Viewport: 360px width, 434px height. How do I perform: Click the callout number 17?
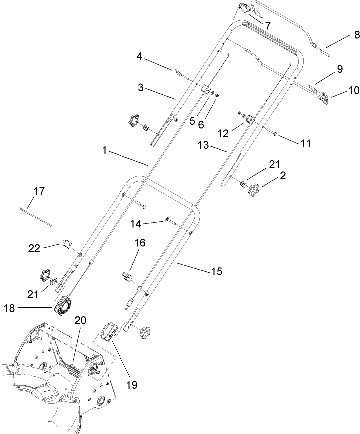(39, 191)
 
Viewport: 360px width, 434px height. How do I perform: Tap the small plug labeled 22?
(67, 243)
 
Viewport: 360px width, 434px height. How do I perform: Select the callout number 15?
(216, 272)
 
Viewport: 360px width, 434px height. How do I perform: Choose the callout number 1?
(104, 150)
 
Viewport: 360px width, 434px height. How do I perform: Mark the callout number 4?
(141, 57)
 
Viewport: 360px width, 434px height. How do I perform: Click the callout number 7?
(267, 25)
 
